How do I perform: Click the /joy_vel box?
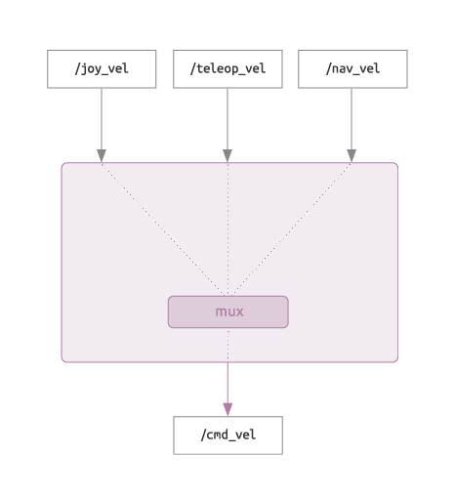tap(102, 69)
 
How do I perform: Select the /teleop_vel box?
tap(227, 69)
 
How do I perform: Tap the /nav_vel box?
tap(352, 69)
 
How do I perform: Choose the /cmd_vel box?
tap(228, 435)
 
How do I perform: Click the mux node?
tap(228, 311)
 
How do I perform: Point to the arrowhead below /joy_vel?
tap(102, 155)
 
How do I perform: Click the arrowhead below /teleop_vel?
tap(227, 155)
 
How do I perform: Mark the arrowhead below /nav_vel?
tap(352, 155)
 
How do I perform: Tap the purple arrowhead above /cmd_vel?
tap(227, 409)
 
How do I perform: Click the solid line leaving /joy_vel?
tap(102, 119)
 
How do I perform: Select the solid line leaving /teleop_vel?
tap(227, 119)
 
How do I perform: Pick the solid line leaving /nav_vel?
tap(352, 119)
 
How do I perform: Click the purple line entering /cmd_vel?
tap(227, 383)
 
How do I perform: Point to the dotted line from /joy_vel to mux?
tap(163, 229)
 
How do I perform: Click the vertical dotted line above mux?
tap(227, 229)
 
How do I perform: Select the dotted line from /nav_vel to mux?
tap(291, 229)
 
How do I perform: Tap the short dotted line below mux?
tap(227, 345)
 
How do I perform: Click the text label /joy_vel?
tap(102, 69)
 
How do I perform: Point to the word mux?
tap(229, 311)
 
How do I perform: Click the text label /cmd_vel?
tap(228, 435)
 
